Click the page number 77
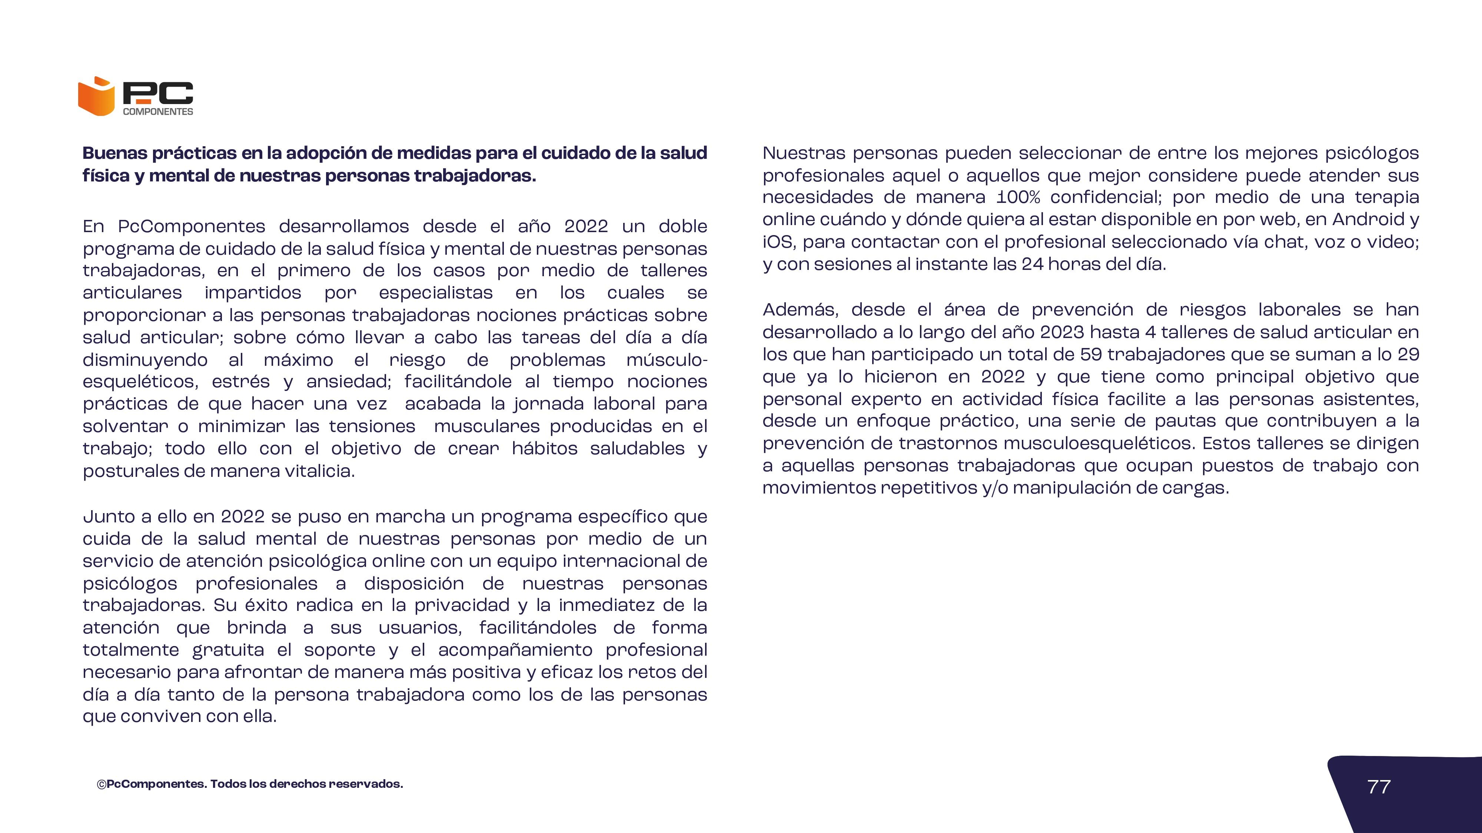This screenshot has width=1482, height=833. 1378,786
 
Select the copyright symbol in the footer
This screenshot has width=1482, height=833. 101,784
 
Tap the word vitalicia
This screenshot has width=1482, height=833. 326,471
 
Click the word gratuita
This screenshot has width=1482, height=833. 228,650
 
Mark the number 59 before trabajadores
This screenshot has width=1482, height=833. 1091,354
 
